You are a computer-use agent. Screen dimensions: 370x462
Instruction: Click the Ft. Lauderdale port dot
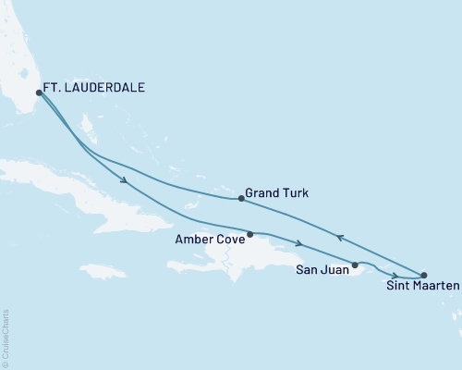point(39,92)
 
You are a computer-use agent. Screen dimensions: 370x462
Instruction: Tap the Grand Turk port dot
point(241,198)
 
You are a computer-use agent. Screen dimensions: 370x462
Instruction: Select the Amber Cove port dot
point(250,234)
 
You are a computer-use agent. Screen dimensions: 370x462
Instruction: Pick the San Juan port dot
point(355,265)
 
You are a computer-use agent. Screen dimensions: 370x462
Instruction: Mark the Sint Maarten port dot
point(424,275)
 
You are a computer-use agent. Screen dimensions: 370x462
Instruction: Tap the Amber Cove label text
point(209,239)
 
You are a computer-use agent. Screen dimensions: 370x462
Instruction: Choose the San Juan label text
point(322,271)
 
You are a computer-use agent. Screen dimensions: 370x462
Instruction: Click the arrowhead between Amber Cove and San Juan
point(299,243)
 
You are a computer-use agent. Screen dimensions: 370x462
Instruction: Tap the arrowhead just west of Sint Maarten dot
point(396,276)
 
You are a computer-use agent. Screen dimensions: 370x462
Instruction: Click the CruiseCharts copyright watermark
point(6,338)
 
